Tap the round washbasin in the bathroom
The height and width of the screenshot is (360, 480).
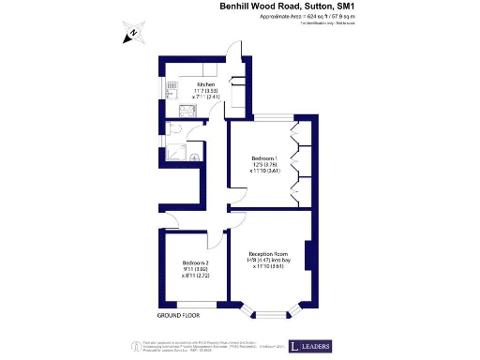(195, 157)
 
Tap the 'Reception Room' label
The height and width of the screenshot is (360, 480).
(268, 254)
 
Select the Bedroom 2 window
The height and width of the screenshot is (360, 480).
(200, 305)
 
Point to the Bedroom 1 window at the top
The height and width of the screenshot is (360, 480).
(261, 116)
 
